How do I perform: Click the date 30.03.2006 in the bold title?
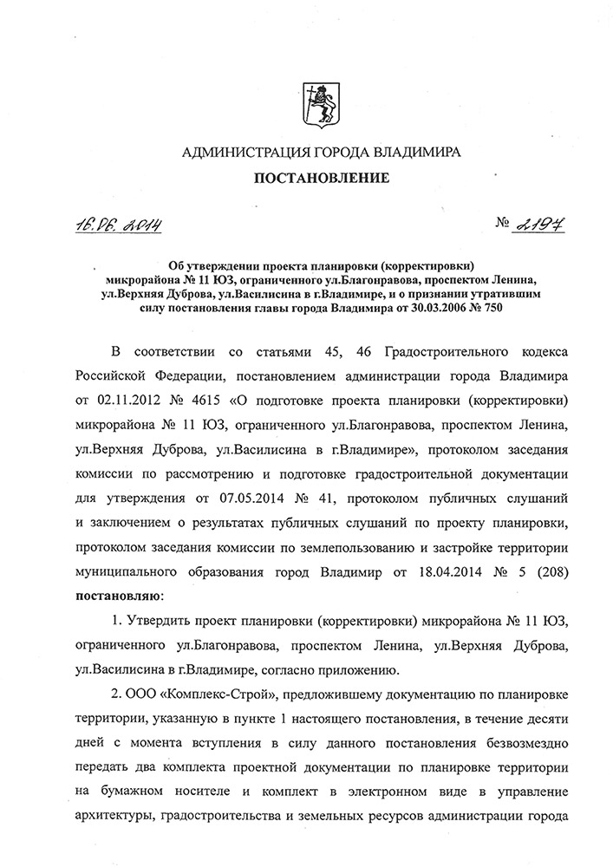431,307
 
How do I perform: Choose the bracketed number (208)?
545,572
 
